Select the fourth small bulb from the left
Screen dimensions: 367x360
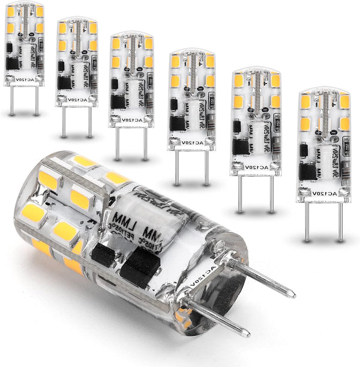pos(191,99)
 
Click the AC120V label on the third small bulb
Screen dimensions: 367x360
pos(129,118)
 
